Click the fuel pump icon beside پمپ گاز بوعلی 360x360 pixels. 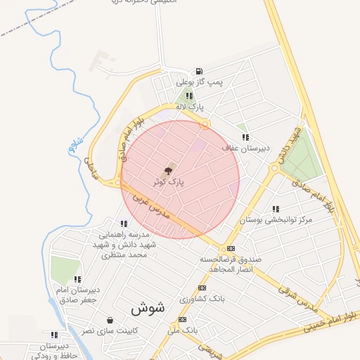200,71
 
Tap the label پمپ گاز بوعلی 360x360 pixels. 199,82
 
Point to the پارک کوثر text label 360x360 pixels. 169,181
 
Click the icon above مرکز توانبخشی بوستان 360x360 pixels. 275,209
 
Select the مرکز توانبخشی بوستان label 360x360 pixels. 275,220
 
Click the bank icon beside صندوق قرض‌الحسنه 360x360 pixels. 231,248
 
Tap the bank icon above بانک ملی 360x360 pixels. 183,319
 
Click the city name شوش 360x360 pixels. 147,308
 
